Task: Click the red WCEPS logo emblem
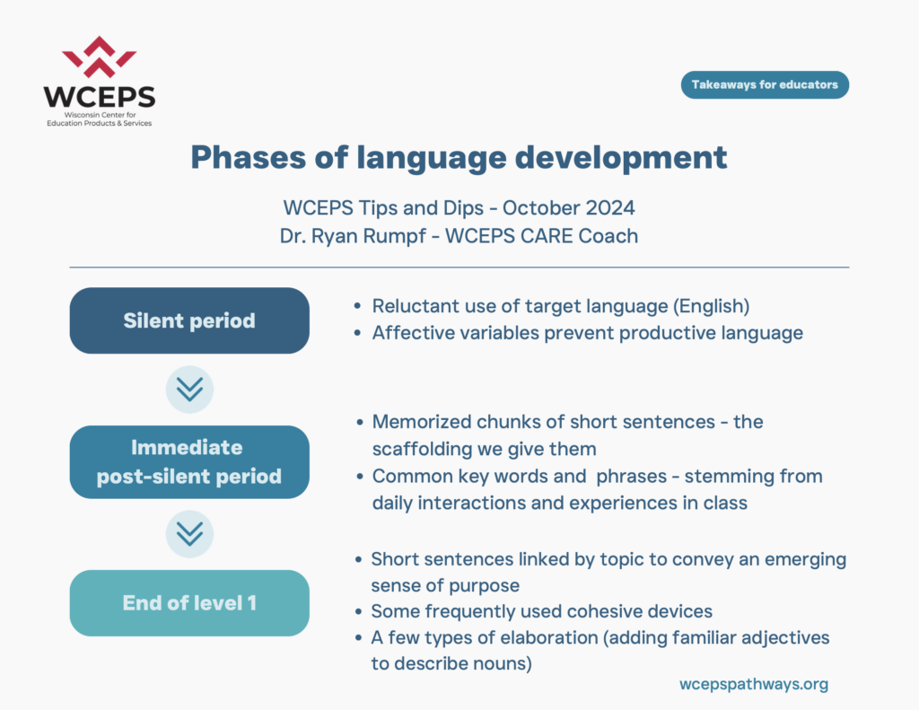99,57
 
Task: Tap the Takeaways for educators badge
765,85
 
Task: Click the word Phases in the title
249,157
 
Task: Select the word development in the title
621,158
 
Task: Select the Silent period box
189,320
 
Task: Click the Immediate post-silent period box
189,462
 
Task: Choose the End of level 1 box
189,602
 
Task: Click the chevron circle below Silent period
189,390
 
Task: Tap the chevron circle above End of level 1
189,534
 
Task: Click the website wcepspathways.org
754,684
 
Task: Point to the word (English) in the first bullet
711,306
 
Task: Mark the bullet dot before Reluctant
357,306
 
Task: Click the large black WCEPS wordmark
100,97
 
